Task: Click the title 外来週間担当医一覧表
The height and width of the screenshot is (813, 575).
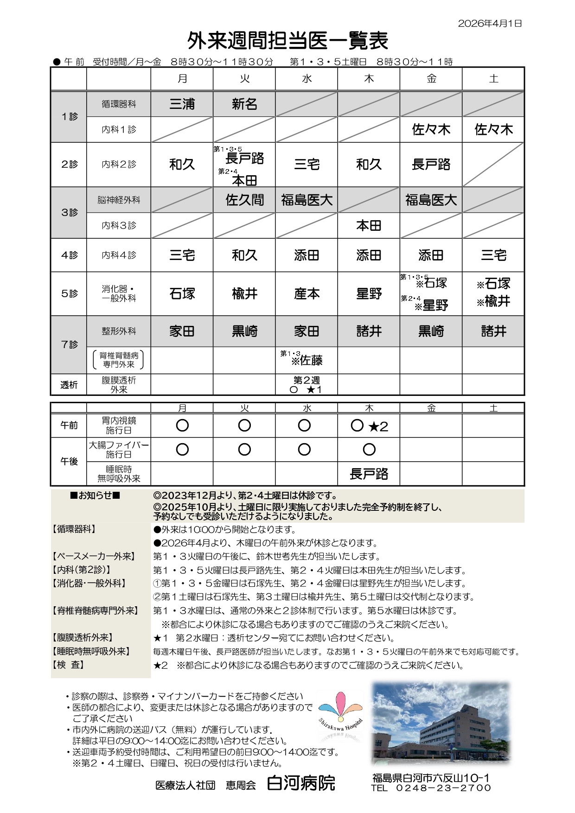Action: click(x=287, y=41)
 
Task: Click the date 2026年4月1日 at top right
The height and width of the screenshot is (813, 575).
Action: click(x=490, y=24)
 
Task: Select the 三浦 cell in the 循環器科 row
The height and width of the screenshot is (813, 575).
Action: click(x=182, y=104)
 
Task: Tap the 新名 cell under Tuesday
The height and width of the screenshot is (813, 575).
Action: click(x=244, y=104)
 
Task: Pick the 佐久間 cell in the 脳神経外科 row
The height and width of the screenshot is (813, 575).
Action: click(x=244, y=200)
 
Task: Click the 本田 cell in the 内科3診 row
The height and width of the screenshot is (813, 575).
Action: click(x=369, y=226)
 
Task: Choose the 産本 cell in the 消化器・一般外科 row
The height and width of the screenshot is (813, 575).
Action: click(x=307, y=294)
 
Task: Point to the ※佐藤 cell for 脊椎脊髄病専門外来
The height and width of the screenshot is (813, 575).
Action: click(x=307, y=360)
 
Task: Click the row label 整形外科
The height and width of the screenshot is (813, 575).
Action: click(x=119, y=331)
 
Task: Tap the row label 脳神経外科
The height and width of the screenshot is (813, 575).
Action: click(x=119, y=200)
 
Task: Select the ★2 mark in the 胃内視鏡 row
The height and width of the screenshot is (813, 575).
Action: click(x=378, y=427)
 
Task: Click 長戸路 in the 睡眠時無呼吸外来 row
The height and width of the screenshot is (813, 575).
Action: click(x=369, y=474)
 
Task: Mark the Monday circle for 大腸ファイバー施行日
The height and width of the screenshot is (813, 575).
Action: click(x=182, y=449)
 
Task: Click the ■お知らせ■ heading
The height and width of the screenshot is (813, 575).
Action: click(x=95, y=495)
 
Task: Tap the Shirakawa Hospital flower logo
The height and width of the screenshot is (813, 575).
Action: click(x=340, y=716)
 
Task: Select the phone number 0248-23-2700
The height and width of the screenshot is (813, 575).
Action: click(x=443, y=788)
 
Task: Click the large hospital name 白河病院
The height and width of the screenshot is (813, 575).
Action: click(x=301, y=783)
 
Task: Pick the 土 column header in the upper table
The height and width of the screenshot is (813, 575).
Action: click(x=493, y=79)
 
